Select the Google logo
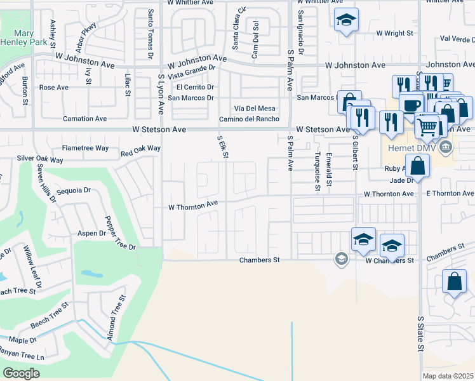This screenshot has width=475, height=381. (x=22, y=373)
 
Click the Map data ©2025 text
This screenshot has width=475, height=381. (x=448, y=376)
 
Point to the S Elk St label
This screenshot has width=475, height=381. (x=222, y=145)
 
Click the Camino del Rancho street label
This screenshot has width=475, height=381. (x=250, y=119)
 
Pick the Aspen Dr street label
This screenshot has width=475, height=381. (x=92, y=233)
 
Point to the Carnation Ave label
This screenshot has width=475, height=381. (x=84, y=119)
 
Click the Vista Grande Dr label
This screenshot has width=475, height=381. (x=192, y=77)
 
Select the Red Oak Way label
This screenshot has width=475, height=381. (x=140, y=151)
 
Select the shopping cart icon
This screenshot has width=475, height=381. (x=427, y=126)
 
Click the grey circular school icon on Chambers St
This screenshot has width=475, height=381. (x=341, y=258)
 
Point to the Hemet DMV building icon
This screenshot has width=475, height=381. (x=446, y=148)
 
